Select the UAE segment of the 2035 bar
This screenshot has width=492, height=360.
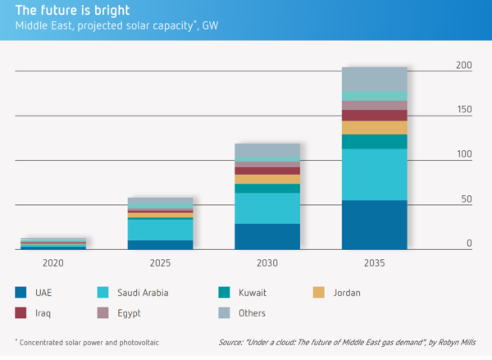(x=374, y=225)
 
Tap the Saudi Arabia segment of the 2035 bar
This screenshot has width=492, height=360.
(x=374, y=174)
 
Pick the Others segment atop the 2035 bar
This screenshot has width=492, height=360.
(x=374, y=79)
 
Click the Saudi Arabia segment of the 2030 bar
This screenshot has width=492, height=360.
(x=267, y=208)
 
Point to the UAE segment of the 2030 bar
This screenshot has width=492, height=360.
(x=267, y=236)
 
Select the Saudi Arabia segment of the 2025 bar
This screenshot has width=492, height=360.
(x=161, y=230)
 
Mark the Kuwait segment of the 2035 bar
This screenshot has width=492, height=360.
(x=374, y=141)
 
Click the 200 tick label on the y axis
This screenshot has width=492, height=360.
(x=464, y=65)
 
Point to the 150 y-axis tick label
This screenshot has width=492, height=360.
(x=464, y=109)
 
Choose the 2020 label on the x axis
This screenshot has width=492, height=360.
(x=53, y=263)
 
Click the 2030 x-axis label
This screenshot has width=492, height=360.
(x=267, y=263)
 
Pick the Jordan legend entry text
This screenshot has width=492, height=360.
(x=347, y=292)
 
